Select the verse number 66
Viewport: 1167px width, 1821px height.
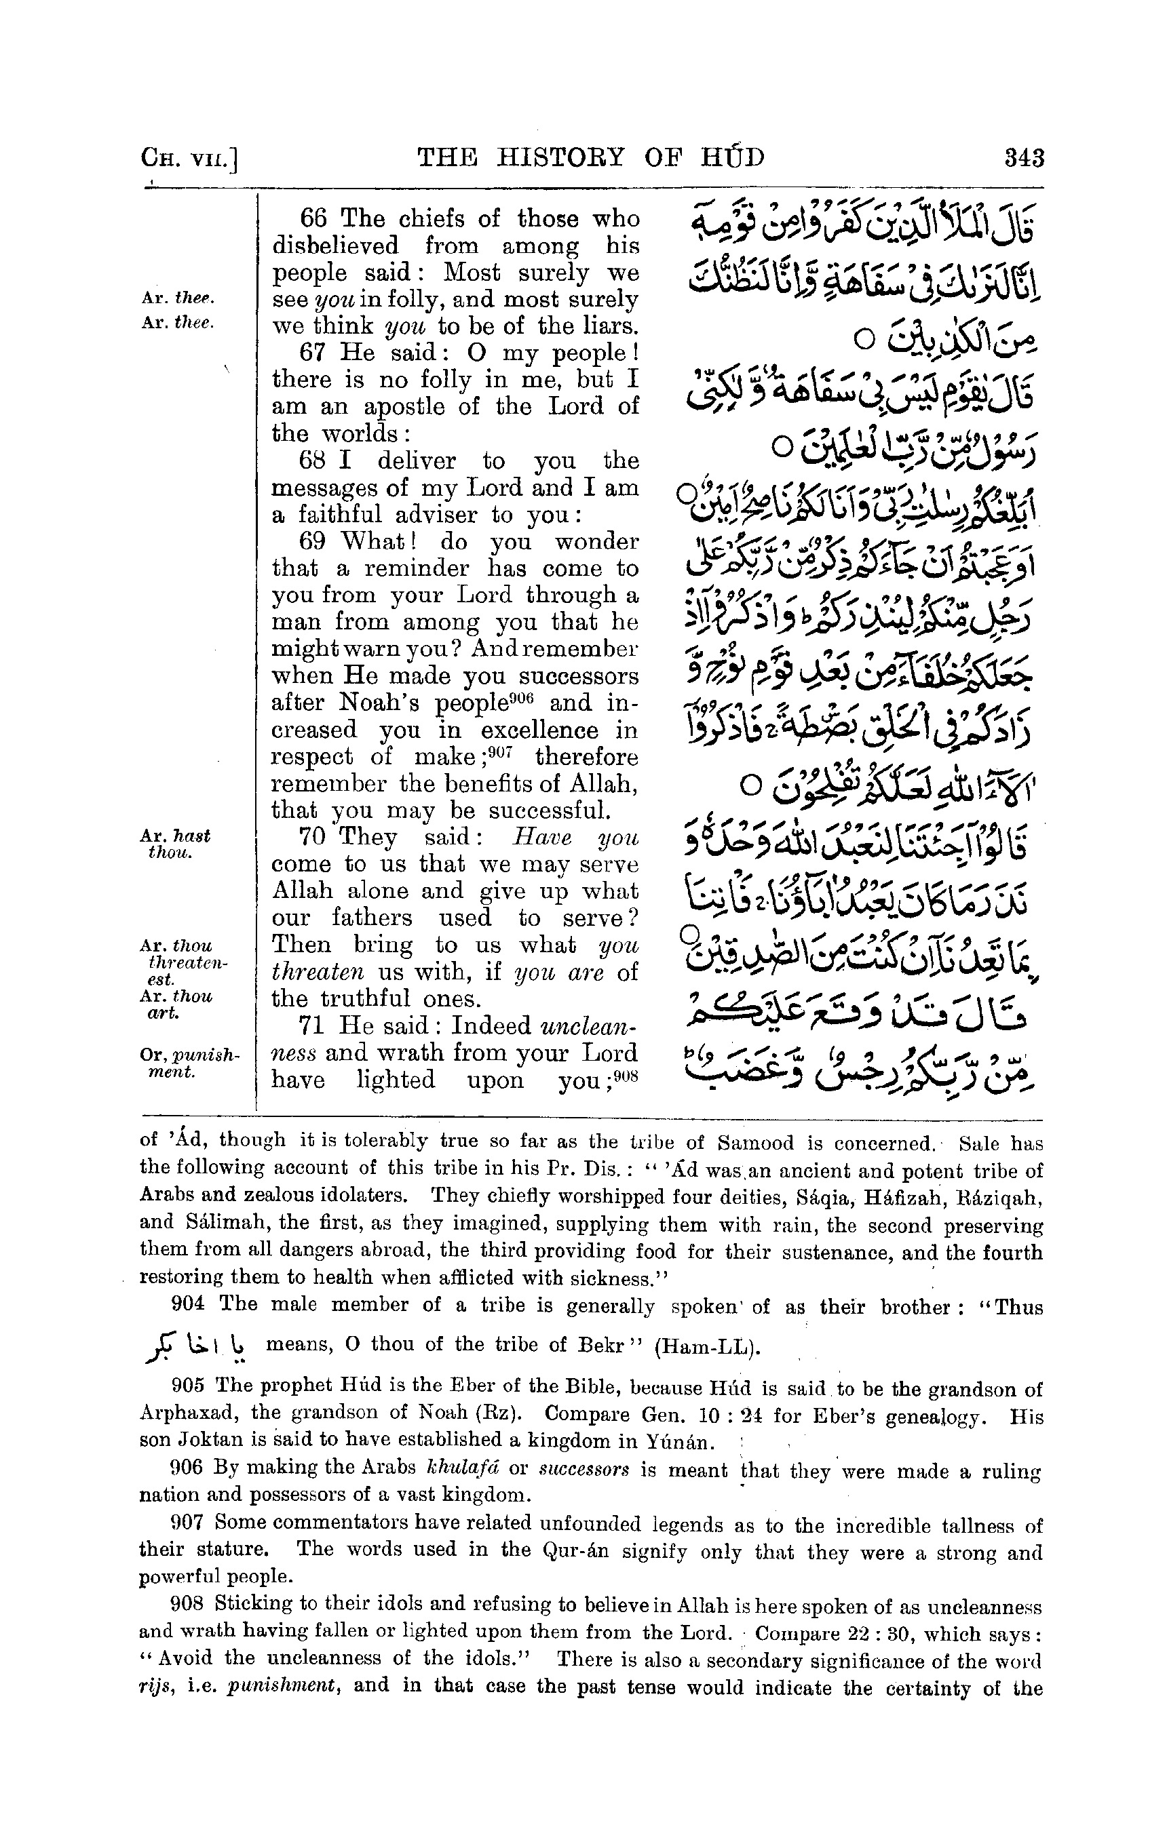(313, 219)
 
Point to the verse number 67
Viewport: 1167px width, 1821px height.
(313, 353)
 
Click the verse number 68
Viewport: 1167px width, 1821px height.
(313, 461)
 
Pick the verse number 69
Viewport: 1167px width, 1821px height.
(313, 542)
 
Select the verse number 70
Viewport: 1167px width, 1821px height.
(313, 837)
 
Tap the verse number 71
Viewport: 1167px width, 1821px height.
(313, 1025)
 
